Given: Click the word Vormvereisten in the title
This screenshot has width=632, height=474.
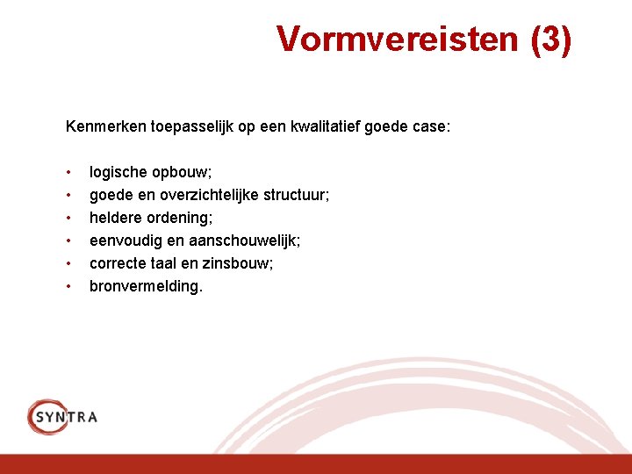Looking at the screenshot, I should [398, 39].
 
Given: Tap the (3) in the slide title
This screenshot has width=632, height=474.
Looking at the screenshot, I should [550, 39].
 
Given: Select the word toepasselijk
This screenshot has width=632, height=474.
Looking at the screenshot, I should [190, 126].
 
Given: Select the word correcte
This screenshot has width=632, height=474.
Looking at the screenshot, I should [119, 263].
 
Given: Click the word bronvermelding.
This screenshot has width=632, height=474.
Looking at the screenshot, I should [146, 286].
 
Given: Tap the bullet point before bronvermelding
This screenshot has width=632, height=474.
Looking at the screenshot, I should [68, 285].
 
